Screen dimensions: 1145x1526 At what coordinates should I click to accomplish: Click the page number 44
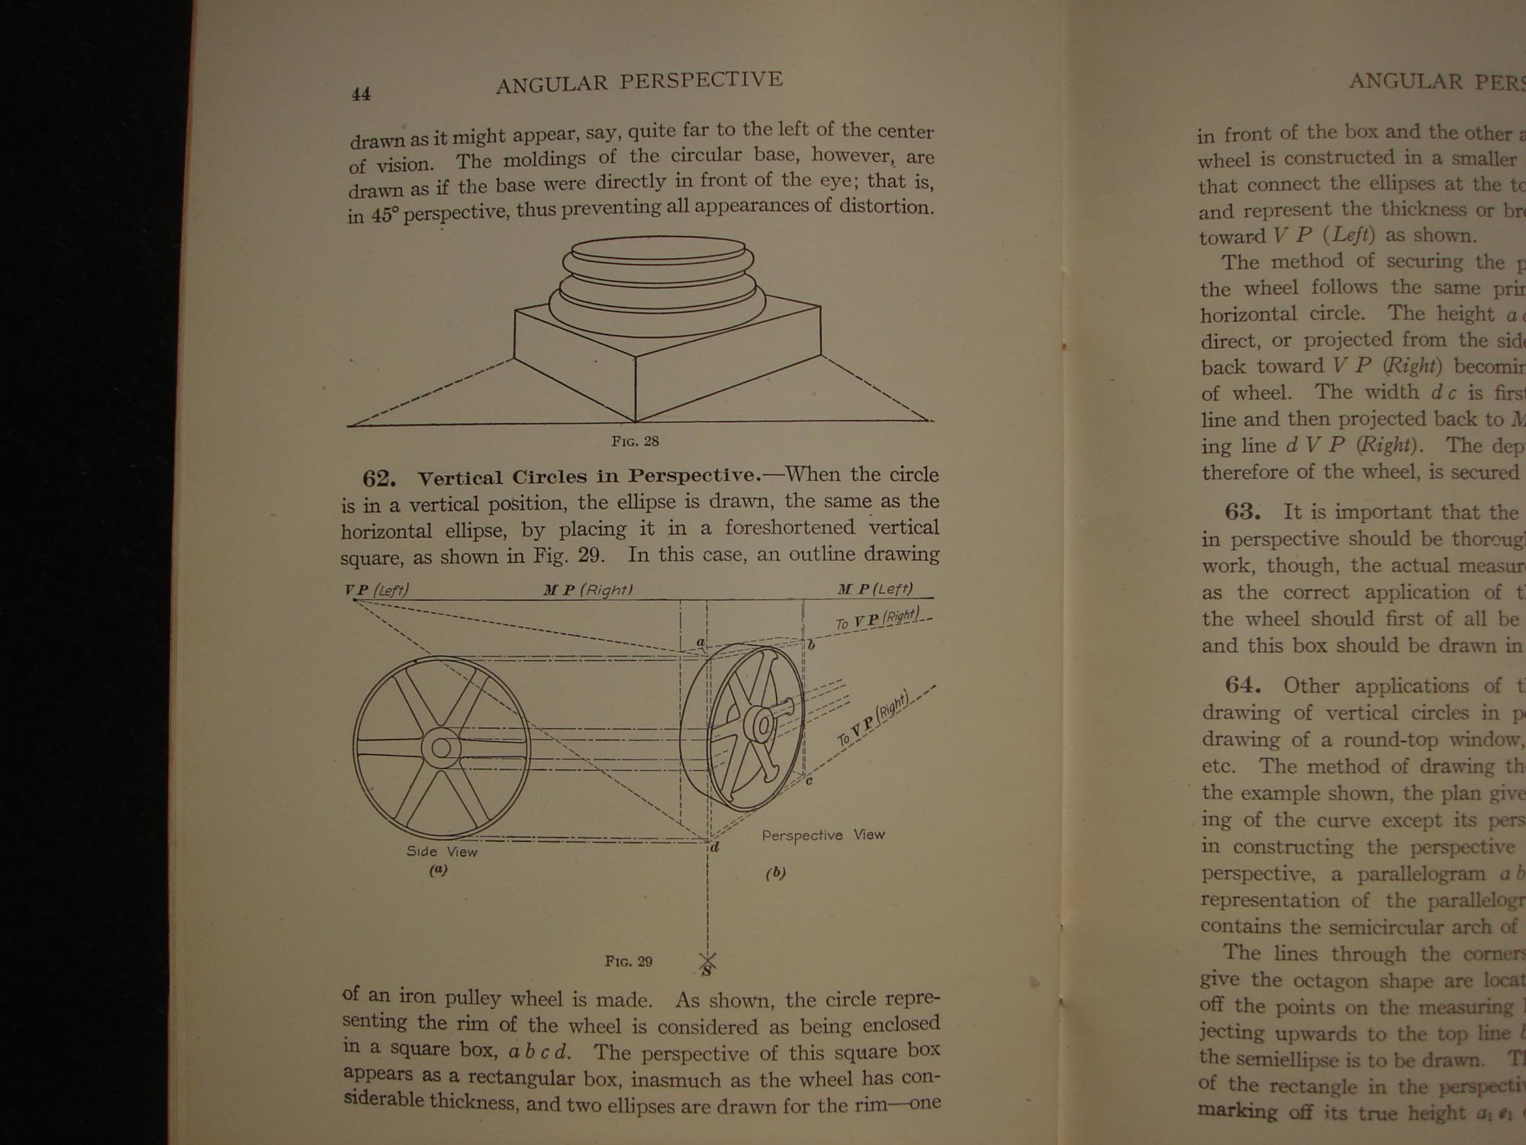pos(361,94)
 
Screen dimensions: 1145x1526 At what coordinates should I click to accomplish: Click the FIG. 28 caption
pos(635,441)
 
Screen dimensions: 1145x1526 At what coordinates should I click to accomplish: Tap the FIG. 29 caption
pos(629,961)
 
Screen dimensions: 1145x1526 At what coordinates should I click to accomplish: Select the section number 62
pos(378,479)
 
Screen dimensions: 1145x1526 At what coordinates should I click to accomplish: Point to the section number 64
pos(1243,685)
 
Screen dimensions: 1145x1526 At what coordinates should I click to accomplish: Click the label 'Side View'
pos(442,851)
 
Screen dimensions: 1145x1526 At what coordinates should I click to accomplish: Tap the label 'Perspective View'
pos(823,835)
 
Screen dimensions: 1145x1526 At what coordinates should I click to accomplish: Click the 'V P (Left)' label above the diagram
pos(377,590)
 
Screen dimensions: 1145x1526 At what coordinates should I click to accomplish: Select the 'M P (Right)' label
pos(588,589)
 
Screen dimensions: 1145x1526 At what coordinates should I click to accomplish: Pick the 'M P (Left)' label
pos(875,589)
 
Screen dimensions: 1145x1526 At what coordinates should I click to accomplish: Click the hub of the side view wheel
pos(441,747)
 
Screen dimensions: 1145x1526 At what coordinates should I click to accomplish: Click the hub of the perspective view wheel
pos(761,725)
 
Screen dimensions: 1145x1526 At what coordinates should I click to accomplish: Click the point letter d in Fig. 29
pos(715,847)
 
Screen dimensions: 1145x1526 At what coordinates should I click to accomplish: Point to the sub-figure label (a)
pos(437,869)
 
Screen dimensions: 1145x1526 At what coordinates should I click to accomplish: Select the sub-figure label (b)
pos(775,872)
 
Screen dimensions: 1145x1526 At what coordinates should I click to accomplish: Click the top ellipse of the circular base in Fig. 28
pos(658,249)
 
